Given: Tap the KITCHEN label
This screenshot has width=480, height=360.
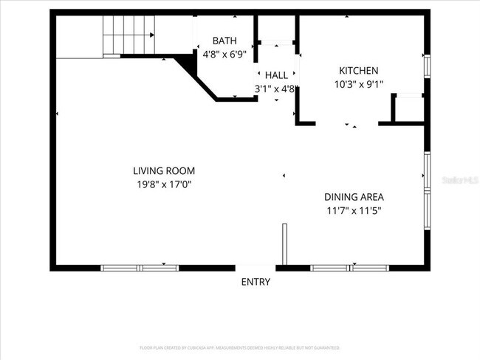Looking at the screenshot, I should pos(358,71).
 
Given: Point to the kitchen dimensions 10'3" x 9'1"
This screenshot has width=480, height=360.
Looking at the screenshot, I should pos(358,84).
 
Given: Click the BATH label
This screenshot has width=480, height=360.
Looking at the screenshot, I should pos(224,41).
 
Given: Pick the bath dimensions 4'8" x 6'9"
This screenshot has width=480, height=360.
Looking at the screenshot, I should pos(224,54).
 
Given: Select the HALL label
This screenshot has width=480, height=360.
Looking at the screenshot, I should pos(276,75).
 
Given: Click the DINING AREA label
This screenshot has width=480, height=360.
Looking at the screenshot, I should pos(354,197).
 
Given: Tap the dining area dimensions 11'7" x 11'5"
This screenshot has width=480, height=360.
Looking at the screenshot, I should pos(354,210).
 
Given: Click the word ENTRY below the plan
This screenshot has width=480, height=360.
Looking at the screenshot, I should pos(256,282).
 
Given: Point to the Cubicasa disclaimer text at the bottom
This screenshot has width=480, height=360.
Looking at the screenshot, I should pos(239,347).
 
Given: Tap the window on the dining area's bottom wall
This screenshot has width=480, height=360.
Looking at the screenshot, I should pos(350,267).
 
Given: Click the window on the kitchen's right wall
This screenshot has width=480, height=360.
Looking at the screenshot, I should pos(426,65).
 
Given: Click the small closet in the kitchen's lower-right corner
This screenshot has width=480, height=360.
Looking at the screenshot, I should pos(408,108).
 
